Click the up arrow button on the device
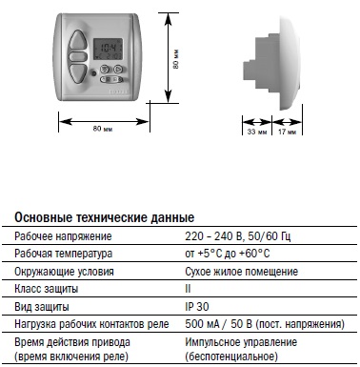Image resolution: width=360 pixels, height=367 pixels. tap(78, 40)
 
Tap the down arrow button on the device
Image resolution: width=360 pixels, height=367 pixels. tap(78, 73)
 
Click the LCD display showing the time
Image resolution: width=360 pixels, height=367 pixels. tap(108, 51)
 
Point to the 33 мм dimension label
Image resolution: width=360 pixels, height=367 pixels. tap(257, 132)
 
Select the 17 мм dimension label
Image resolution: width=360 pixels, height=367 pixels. tap(287, 132)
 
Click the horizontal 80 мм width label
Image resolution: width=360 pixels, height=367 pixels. tap(103, 129)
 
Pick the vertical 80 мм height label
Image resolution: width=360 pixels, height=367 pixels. tap(176, 59)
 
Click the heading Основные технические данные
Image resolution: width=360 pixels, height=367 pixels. tap(105, 217)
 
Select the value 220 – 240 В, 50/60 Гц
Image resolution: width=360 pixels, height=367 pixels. tap(238, 236)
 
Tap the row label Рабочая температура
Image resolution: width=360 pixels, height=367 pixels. tap(64, 254)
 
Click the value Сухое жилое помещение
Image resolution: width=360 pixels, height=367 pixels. tap(242, 272)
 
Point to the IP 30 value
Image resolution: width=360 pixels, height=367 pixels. tap(197, 307)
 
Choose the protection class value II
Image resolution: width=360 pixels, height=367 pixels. tap(188, 289)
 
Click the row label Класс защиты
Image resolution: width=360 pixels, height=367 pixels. tap(47, 289)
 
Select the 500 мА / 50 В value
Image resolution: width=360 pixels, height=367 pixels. tap(218, 324)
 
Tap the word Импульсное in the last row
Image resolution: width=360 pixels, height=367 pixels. tap(212, 342)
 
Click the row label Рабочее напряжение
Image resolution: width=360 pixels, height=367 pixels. tap(63, 236)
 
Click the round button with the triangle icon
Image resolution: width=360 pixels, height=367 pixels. tap(118, 69)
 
